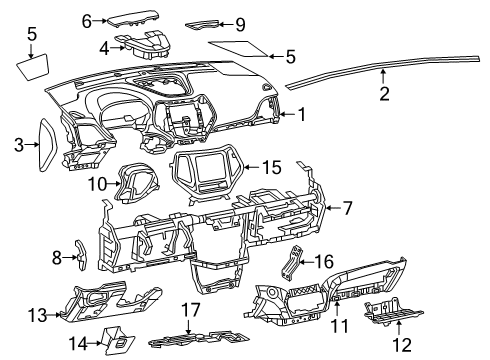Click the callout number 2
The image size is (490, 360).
pos(384,95)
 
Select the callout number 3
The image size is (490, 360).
pos(18,146)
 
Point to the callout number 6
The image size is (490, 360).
pos(87,19)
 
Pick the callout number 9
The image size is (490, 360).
pos(239,23)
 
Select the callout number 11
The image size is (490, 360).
pos(337,326)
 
